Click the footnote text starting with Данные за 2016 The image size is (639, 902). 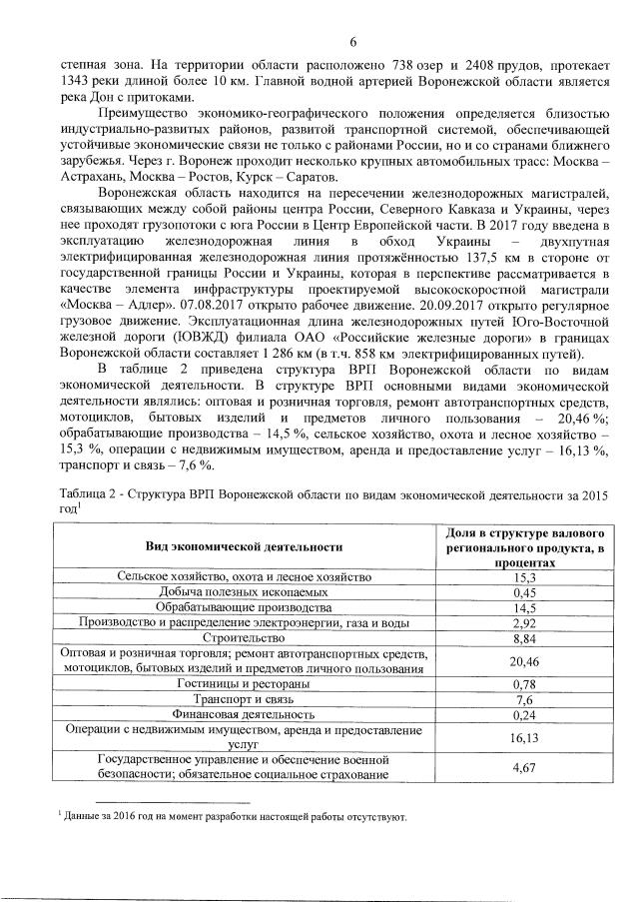(236, 818)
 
